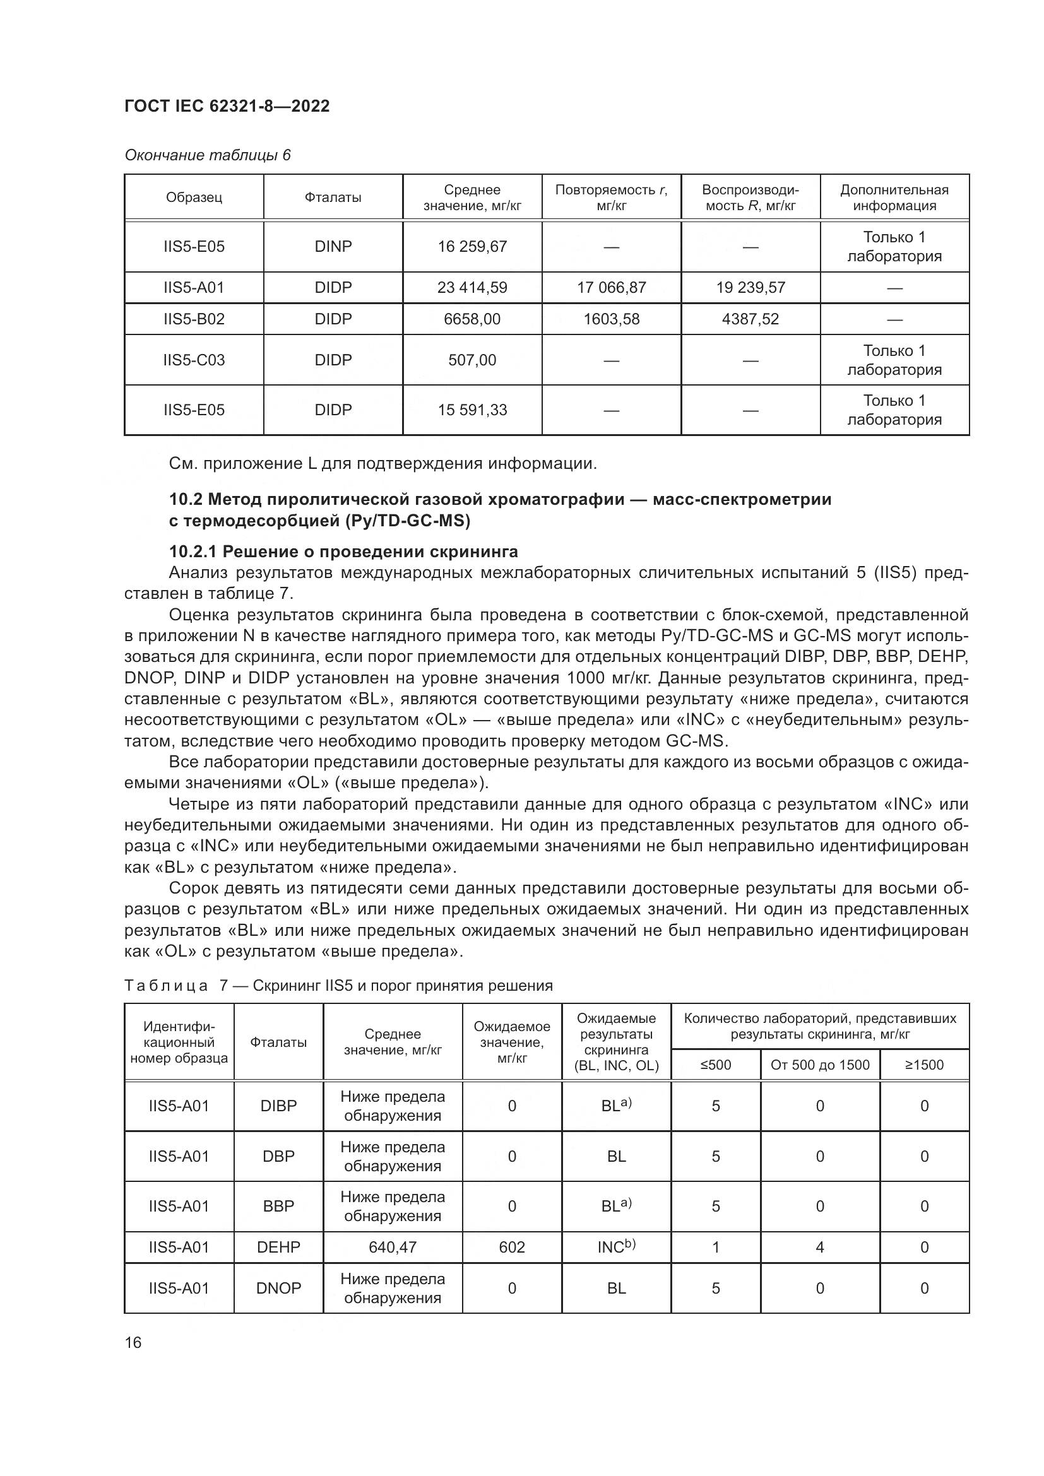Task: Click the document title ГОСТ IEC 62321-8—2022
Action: pyautogui.click(x=227, y=106)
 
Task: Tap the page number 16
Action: pyautogui.click(x=133, y=1342)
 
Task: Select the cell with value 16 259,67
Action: pyautogui.click(x=472, y=246)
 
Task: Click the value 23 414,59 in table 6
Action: pyautogui.click(x=472, y=287)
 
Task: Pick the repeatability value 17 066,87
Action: pyautogui.click(x=612, y=287)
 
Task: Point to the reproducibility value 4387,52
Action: pyautogui.click(x=750, y=319)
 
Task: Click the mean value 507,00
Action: pyautogui.click(x=472, y=360)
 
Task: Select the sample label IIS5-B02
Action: pyautogui.click(x=194, y=319)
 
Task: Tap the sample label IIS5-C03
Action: pyautogui.click(x=194, y=360)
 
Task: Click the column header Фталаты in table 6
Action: pyautogui.click(x=333, y=198)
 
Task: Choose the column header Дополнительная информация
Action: pyautogui.click(x=894, y=198)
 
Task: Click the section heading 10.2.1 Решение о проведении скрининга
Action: pyautogui.click(x=343, y=552)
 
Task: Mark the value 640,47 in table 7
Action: pyautogui.click(x=392, y=1247)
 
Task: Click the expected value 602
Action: pyautogui.click(x=512, y=1247)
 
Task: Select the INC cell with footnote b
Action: pyautogui.click(x=616, y=1247)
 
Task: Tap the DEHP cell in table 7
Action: pyautogui.click(x=278, y=1247)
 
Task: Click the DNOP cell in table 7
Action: pyautogui.click(x=278, y=1289)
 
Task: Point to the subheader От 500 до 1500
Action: pyautogui.click(x=820, y=1065)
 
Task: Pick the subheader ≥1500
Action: pyautogui.click(x=924, y=1065)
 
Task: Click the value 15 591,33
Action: pyautogui.click(x=472, y=410)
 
